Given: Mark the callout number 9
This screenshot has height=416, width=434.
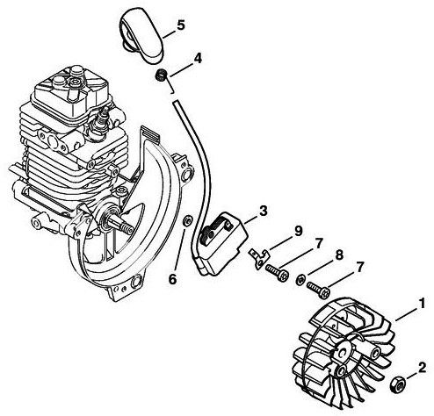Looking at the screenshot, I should [x=297, y=231].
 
